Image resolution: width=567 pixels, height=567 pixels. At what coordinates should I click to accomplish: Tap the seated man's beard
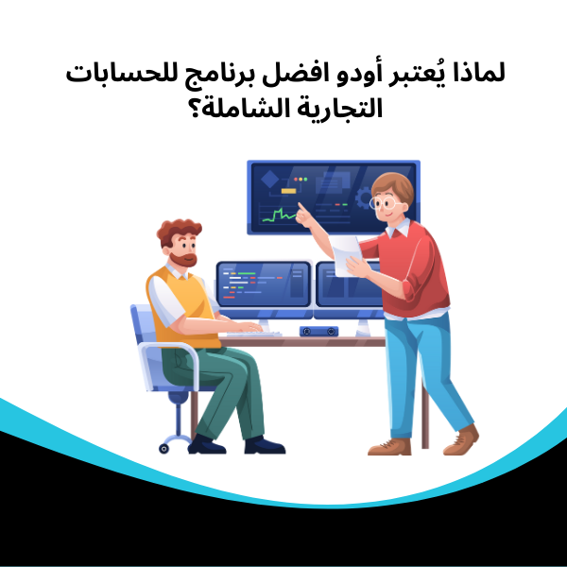pos(184,257)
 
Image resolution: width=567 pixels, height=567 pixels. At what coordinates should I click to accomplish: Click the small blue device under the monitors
pos(319,331)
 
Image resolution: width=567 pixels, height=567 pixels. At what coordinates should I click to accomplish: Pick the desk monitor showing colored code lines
pos(263,283)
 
